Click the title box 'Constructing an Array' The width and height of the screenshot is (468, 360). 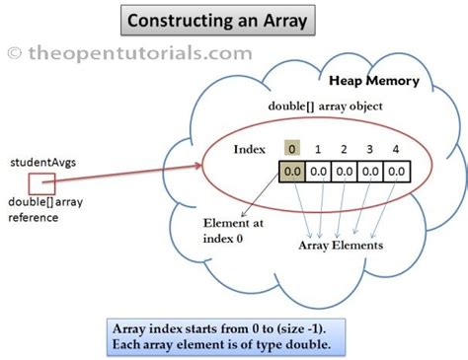pos(214,20)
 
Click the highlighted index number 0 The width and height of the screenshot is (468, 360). pos(292,148)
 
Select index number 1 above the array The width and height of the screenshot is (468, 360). pos(318,148)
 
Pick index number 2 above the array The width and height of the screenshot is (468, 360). pos(345,148)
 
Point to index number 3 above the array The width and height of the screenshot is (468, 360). pos(369,148)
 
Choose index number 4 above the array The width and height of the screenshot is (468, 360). pos(395,148)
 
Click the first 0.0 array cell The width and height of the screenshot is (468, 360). pos(292,171)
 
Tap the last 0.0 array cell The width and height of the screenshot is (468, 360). pos(395,171)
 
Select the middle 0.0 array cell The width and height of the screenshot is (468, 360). pos(344,171)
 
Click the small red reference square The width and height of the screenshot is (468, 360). pos(41,183)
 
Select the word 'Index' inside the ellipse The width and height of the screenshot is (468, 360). pos(251,149)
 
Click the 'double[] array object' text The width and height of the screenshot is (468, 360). pos(327,106)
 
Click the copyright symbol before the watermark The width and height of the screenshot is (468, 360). pos(14,51)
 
